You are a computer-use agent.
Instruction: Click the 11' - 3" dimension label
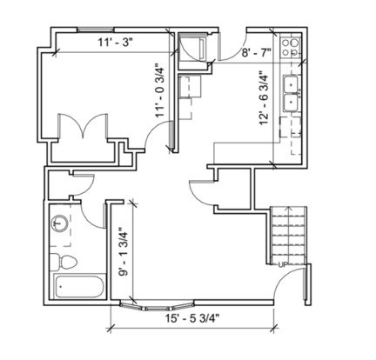[115, 43]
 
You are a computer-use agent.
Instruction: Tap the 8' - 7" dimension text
[256, 53]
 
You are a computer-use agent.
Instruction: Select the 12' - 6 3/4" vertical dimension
[264, 98]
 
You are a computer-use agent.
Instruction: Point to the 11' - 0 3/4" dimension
[159, 90]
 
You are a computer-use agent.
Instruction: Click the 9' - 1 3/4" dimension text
[124, 251]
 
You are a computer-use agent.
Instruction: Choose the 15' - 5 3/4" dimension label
[192, 319]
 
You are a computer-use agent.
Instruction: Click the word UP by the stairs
[283, 264]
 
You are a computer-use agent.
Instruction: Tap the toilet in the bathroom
[63, 262]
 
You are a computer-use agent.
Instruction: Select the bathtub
[79, 287]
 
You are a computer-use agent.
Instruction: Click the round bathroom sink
[59, 223]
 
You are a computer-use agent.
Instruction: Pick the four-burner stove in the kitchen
[291, 48]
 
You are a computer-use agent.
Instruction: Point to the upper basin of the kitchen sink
[291, 84]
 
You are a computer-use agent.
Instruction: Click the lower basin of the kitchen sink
[291, 103]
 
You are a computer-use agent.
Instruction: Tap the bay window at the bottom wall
[157, 306]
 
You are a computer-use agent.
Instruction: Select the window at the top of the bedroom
[96, 30]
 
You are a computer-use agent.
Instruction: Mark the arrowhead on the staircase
[287, 208]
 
